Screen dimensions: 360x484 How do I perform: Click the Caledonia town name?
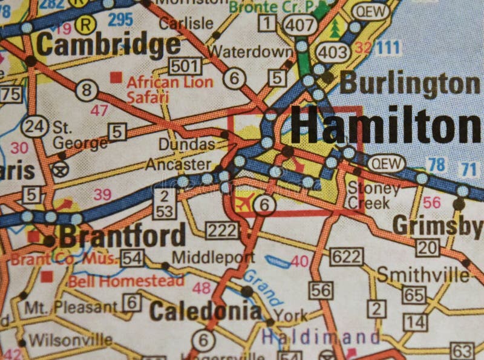[205, 311]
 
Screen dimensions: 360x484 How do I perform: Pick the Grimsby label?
[437, 226]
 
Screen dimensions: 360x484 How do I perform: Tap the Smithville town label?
[423, 275]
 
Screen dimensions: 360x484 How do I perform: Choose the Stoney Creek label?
[373, 195]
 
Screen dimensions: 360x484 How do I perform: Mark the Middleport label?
[212, 257]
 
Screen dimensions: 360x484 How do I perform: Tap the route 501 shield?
[184, 65]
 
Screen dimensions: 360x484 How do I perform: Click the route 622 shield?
[347, 257]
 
